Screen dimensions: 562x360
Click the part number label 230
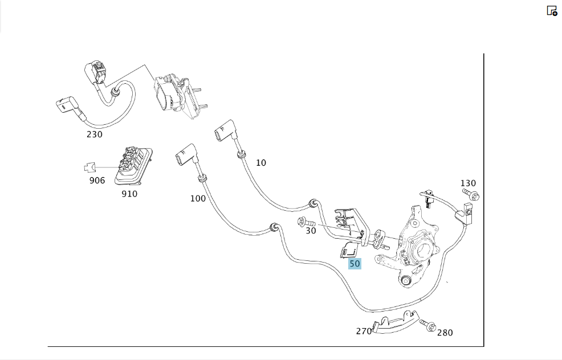tap(95, 134)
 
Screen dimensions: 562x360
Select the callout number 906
tap(97, 180)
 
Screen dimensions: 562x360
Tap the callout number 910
tap(129, 194)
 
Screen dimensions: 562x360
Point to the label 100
tap(198, 198)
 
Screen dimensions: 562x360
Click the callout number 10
tap(261, 163)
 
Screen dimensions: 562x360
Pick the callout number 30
tap(311, 231)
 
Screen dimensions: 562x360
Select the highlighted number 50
tap(355, 264)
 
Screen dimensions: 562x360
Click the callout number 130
tap(468, 183)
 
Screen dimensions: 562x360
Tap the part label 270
tap(364, 332)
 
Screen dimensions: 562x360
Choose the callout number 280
tap(445, 333)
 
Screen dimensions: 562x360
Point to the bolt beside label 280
tap(427, 325)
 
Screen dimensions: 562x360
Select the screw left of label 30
tap(306, 223)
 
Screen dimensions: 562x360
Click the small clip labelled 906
tap(90, 167)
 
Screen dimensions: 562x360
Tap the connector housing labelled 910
tap(133, 166)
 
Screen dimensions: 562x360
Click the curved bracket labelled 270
tap(396, 322)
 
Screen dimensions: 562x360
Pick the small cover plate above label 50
tap(348, 249)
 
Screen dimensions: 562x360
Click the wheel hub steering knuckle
tap(412, 247)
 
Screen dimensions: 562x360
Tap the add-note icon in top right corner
tap(552, 11)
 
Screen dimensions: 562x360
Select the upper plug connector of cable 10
tap(225, 131)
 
